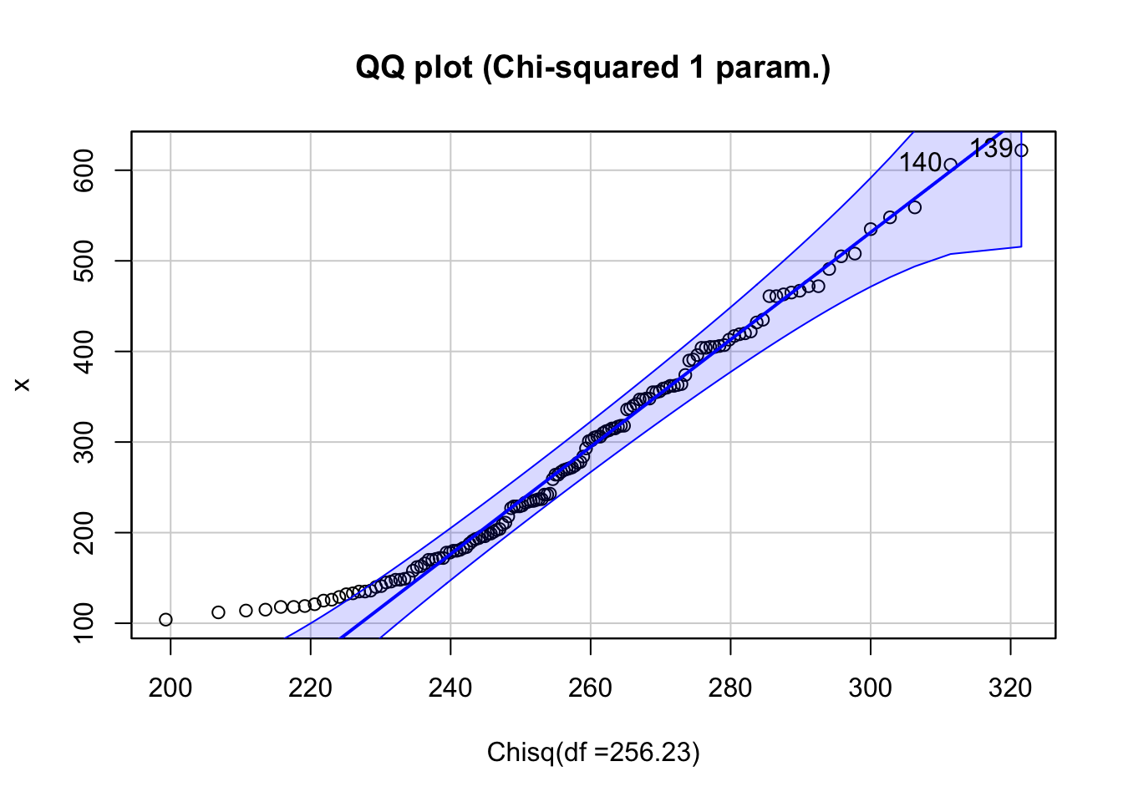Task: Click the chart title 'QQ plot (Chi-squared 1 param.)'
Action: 592,67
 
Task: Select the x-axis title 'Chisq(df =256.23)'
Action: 593,753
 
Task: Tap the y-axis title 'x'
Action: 23,384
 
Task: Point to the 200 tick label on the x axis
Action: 170,688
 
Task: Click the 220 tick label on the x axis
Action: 310,688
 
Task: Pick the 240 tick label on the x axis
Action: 450,688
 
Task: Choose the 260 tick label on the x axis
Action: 591,688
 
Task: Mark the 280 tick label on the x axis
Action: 730,688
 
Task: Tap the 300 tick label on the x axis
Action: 871,688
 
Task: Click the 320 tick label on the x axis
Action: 1010,688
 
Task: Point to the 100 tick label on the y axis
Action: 84,622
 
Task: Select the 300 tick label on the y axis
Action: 84,442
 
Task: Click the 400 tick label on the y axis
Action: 84,352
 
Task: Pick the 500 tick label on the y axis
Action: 84,261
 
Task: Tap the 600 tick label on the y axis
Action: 84,170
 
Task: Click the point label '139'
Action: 991,149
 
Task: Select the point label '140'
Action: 920,163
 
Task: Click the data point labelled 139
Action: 1021,150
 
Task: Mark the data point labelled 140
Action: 950,165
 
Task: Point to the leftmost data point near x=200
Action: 165,620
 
